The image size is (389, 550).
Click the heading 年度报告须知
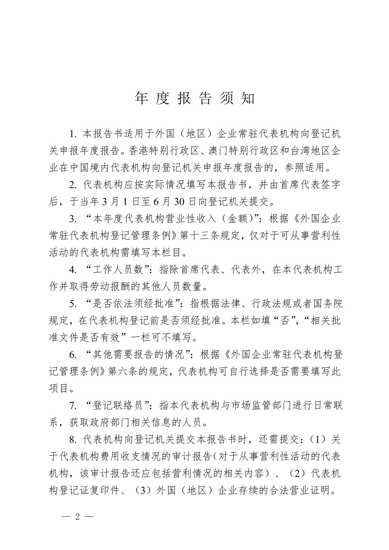194,98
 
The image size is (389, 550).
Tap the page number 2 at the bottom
77,517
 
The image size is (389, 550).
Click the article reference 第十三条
200,235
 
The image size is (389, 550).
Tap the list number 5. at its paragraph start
72,304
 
